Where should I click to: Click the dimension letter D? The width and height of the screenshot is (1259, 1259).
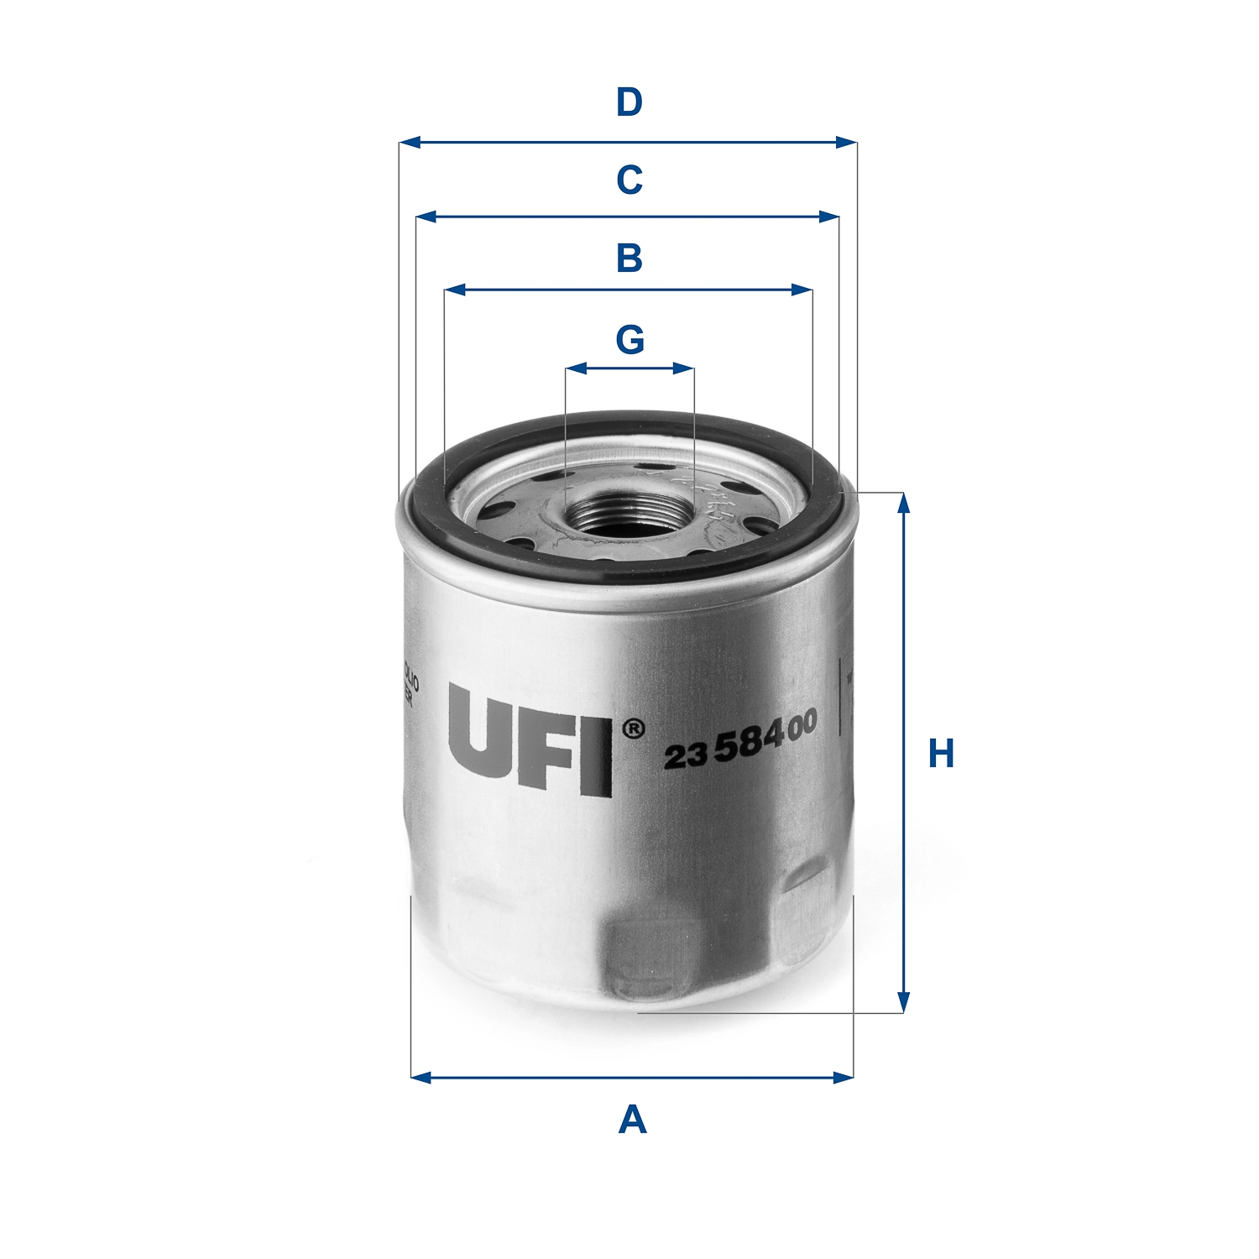(x=629, y=102)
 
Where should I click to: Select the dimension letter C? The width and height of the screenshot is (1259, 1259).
(x=629, y=180)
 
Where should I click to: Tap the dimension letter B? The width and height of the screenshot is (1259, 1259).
(x=629, y=258)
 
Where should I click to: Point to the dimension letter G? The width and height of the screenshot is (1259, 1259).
(x=629, y=340)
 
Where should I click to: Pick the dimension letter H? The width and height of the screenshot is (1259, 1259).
(x=941, y=754)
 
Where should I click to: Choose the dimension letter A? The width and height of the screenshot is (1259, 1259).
(x=632, y=1120)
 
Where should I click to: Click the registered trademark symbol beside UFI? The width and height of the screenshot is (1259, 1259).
(x=634, y=729)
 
